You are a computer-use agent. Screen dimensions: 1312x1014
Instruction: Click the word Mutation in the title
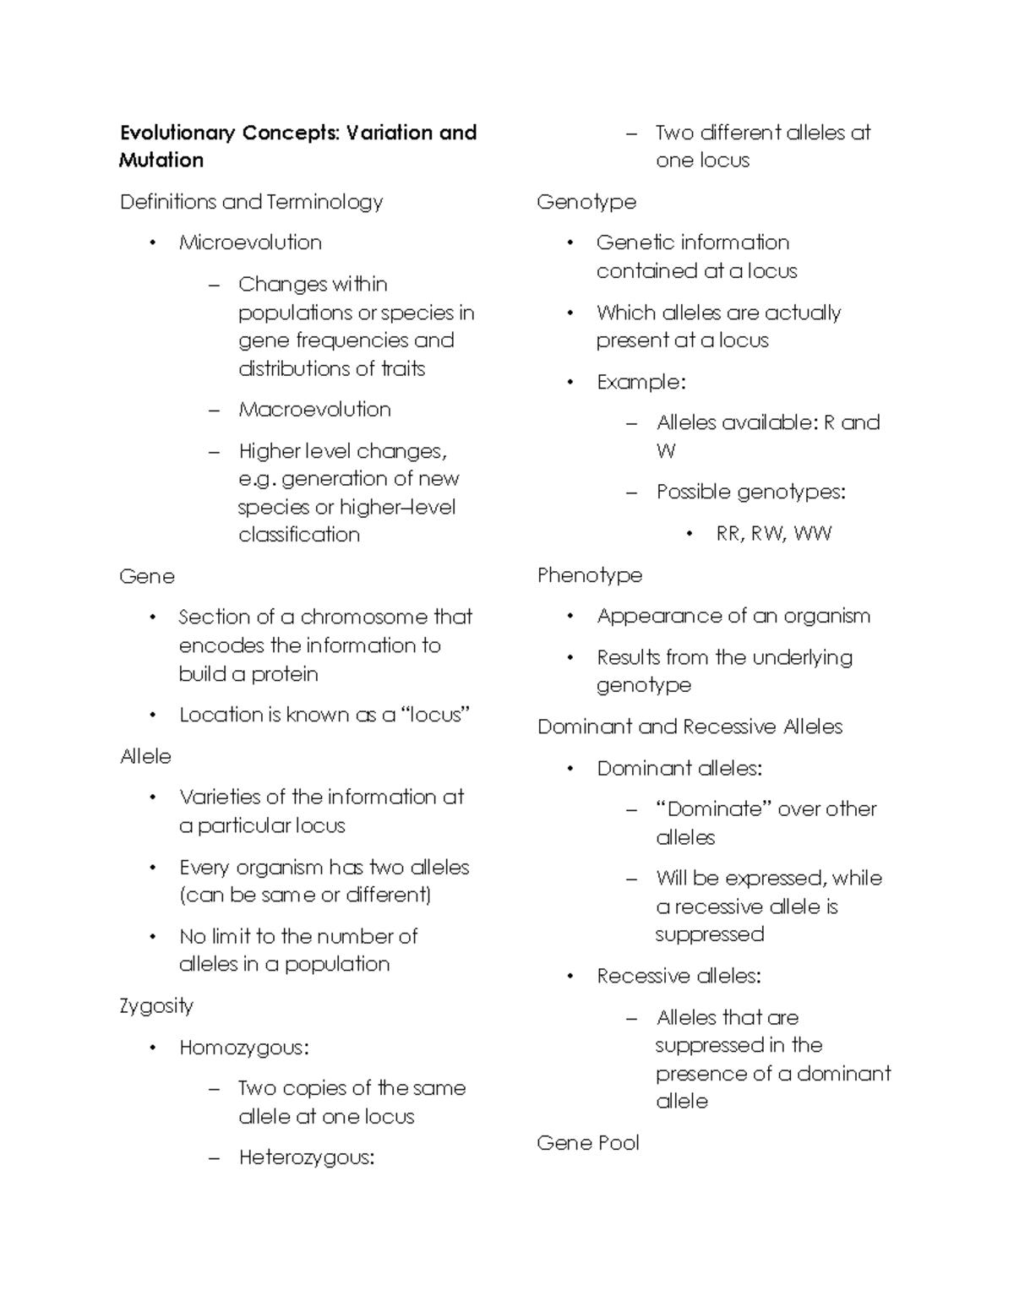click(161, 161)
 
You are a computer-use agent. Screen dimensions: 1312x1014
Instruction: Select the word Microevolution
click(250, 242)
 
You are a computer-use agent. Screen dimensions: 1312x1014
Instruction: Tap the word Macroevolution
click(314, 410)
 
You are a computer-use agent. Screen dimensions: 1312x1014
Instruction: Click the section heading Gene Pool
click(588, 1143)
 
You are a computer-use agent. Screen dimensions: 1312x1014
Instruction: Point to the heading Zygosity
click(156, 1006)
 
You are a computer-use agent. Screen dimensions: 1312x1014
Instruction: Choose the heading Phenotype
click(590, 576)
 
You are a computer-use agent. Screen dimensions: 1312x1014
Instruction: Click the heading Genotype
click(586, 203)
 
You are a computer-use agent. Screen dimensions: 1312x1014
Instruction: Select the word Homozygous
click(242, 1048)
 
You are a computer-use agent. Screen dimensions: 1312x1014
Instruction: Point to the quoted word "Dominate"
click(714, 809)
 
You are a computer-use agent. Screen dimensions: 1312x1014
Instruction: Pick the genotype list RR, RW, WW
click(773, 534)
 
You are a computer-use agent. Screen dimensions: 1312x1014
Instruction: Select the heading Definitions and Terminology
click(251, 202)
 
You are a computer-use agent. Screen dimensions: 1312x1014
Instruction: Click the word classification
click(299, 535)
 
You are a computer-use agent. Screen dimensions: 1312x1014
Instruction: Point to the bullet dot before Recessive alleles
click(570, 977)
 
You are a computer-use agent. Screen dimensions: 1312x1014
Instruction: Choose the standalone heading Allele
click(145, 756)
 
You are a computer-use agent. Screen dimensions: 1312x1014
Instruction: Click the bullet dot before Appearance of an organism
click(570, 617)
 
